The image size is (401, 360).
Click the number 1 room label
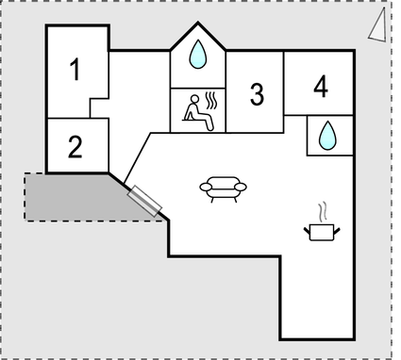pyautogui.click(x=75, y=69)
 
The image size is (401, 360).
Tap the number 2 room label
pyautogui.click(x=75, y=146)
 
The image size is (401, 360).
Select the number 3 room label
pyautogui.click(x=257, y=93)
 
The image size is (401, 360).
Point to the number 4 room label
pyautogui.click(x=321, y=87)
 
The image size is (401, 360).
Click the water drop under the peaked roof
pyautogui.click(x=197, y=56)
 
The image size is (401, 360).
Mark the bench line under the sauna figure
pyautogui.click(x=198, y=126)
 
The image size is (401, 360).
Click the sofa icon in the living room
pyautogui.click(x=223, y=188)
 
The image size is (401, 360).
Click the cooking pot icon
pyautogui.click(x=322, y=230)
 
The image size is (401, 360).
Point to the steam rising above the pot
pyautogui.click(x=323, y=209)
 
